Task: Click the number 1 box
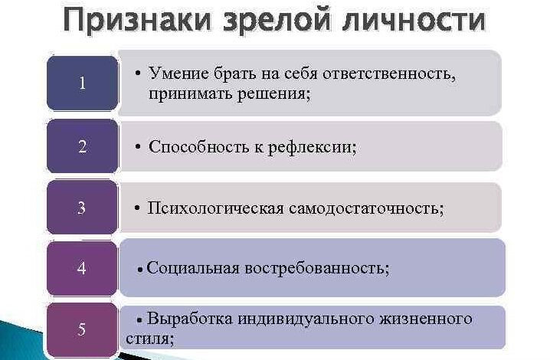[x=82, y=83]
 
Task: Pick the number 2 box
[x=82, y=146]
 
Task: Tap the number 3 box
[x=82, y=207]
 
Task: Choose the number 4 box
[x=82, y=268]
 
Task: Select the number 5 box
[x=82, y=329]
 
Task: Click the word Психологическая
[x=215, y=208]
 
